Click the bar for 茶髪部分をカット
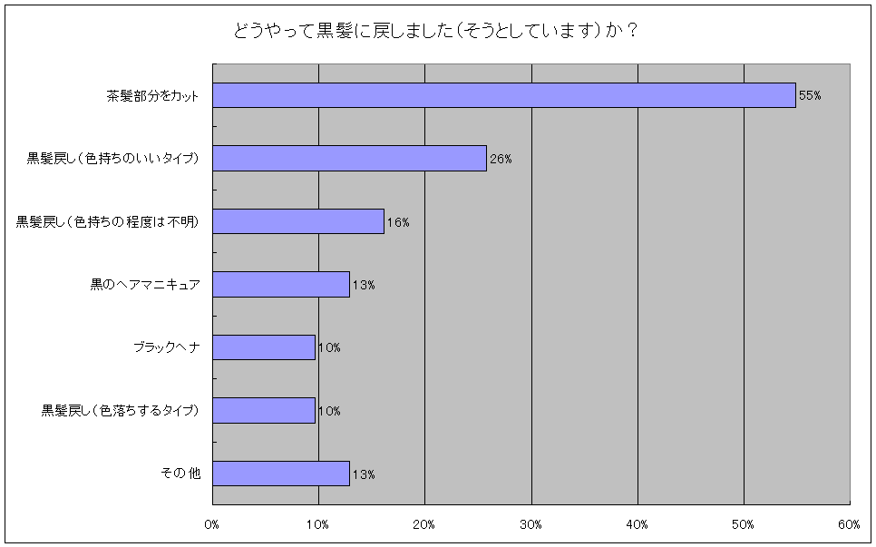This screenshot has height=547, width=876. coord(503,95)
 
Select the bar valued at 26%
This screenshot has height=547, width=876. coord(349,159)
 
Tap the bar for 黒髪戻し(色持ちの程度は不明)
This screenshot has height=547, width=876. coord(298,221)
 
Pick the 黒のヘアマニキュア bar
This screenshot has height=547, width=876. coord(281,285)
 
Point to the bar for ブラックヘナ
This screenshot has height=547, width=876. coord(264,347)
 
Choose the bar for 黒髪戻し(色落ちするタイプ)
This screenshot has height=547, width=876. coord(264,411)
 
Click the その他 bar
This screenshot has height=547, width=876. coord(281,474)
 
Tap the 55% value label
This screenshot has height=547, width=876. coord(810,96)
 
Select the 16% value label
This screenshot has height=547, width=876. coord(398,222)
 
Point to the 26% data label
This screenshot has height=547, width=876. coord(501,160)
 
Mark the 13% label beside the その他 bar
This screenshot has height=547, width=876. coord(364,474)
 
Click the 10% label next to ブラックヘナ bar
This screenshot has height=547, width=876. coord(329,348)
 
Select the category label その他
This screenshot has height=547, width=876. coord(180,474)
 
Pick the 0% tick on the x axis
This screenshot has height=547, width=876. coord(212,524)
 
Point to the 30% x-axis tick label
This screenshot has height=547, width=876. coord(531,524)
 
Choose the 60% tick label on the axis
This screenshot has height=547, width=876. coord(849,524)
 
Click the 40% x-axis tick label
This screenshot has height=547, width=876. coord(638,524)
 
